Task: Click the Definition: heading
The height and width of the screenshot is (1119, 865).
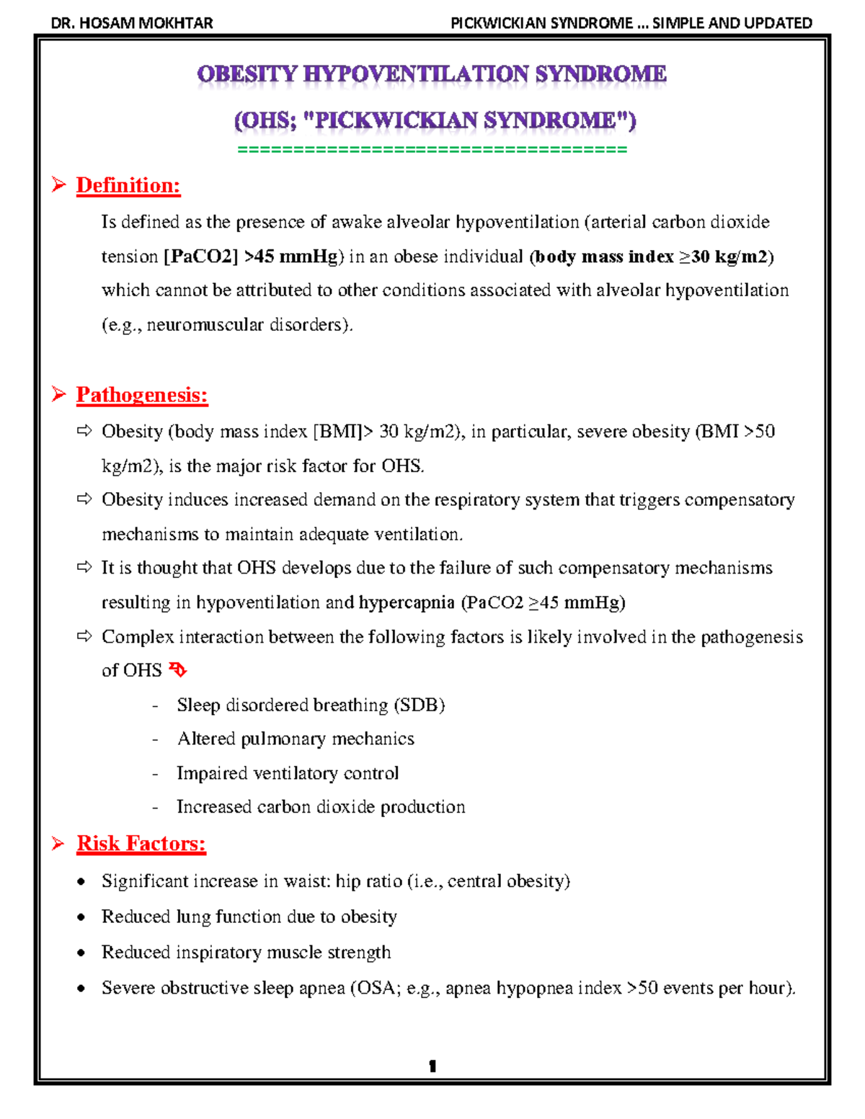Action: pyautogui.click(x=128, y=186)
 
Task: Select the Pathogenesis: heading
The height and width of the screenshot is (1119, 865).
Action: pyautogui.click(x=142, y=395)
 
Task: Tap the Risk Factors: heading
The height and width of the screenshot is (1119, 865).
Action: pyautogui.click(x=141, y=844)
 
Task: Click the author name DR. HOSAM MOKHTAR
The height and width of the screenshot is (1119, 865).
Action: pyautogui.click(x=132, y=23)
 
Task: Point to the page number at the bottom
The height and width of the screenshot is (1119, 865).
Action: pyautogui.click(x=432, y=1066)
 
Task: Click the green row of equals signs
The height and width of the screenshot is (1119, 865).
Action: pyautogui.click(x=432, y=150)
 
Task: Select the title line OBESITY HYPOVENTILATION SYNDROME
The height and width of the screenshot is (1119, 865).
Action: pyautogui.click(x=432, y=74)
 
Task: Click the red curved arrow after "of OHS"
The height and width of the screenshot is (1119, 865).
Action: pyautogui.click(x=177, y=671)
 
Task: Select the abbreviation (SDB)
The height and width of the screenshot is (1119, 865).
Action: pyautogui.click(x=420, y=705)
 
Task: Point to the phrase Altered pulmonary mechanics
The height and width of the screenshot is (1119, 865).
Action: pyautogui.click(x=296, y=739)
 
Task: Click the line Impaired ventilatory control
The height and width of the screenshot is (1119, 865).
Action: pyautogui.click(x=288, y=773)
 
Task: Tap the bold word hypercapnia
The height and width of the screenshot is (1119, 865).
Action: pyautogui.click(x=407, y=602)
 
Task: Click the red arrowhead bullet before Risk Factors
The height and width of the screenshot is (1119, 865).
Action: pyautogui.click(x=58, y=843)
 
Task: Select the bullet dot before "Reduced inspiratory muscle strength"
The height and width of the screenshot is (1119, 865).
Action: pyautogui.click(x=81, y=953)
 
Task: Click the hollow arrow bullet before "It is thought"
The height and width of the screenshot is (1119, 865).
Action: pyautogui.click(x=84, y=568)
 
